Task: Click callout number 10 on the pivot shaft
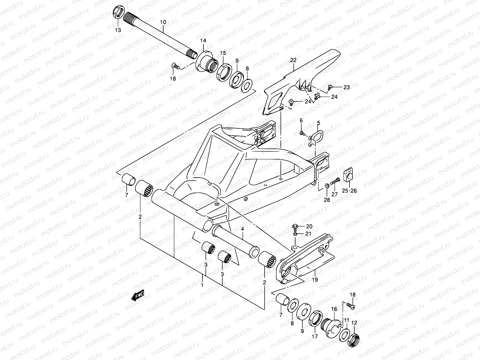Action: click(x=163, y=22)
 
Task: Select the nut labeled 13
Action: click(x=118, y=14)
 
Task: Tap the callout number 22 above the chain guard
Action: click(x=293, y=60)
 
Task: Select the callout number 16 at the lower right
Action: click(x=334, y=309)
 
